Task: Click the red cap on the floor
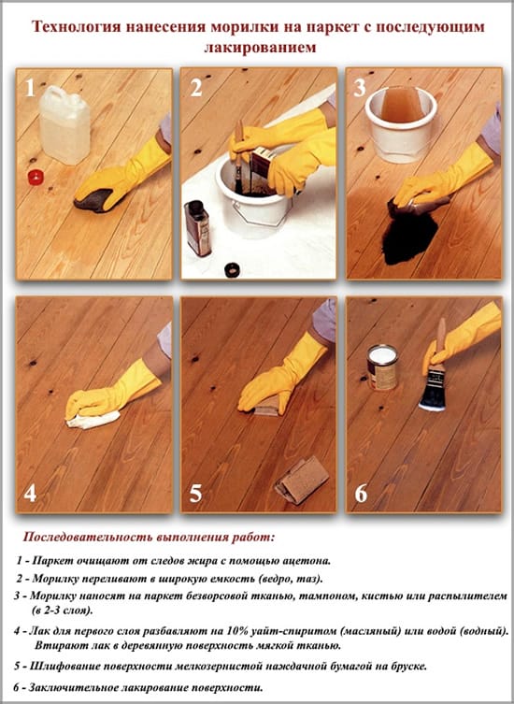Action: [x=35, y=177]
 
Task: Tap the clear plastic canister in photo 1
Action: [x=64, y=124]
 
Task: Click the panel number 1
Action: [x=30, y=88]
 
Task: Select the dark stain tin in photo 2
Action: [x=197, y=228]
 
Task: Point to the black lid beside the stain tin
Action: [x=233, y=269]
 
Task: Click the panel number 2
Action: [x=196, y=88]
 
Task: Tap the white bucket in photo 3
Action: [x=400, y=123]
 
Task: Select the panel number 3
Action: [x=360, y=88]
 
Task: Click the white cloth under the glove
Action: [x=93, y=420]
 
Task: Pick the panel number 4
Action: [x=30, y=494]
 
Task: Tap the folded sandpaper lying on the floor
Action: [x=302, y=480]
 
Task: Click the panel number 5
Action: [x=195, y=494]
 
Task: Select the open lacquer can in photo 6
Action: [x=382, y=366]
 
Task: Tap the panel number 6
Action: [x=361, y=494]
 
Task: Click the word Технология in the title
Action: [x=77, y=27]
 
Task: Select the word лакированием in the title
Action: [x=261, y=47]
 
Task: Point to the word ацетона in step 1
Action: [x=308, y=561]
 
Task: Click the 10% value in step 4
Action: [x=237, y=631]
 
